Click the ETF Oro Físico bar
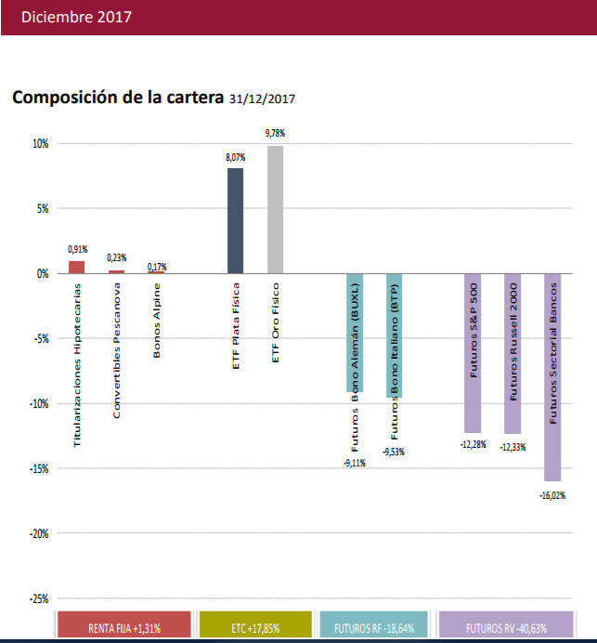[x=275, y=209]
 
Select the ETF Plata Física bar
[x=236, y=220]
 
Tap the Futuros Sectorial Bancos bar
[x=552, y=376]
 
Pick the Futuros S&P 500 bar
[x=473, y=353]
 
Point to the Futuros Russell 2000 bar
[x=513, y=353]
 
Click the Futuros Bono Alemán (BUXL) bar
[x=355, y=333]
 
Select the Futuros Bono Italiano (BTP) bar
[x=395, y=335]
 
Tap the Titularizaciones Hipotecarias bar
[x=77, y=268]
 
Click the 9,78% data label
[x=275, y=134]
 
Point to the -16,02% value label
[x=552, y=495]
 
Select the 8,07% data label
[x=236, y=158]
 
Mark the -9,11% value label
[x=355, y=463]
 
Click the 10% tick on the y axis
[x=40, y=144]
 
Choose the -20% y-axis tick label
[x=37, y=533]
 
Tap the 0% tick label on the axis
[x=42, y=274]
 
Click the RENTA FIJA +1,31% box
[x=124, y=626]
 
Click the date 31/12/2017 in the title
[x=262, y=98]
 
